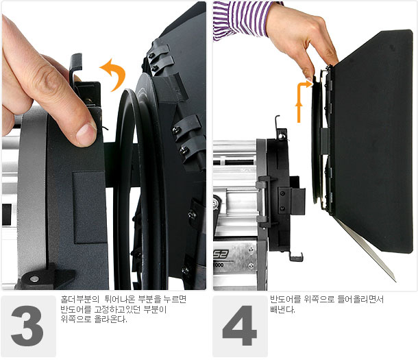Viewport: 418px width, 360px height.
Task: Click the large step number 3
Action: (27, 326)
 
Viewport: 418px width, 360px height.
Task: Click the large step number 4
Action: (239, 325)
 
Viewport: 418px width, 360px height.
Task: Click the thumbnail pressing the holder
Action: (85, 132)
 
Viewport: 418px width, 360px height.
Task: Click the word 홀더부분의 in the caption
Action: (79, 300)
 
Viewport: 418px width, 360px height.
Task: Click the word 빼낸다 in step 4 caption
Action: (282, 310)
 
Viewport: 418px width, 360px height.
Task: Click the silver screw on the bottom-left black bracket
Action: (34, 278)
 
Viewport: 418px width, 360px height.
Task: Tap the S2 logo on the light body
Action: (221, 254)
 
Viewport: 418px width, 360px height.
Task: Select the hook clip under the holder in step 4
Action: (296, 256)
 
